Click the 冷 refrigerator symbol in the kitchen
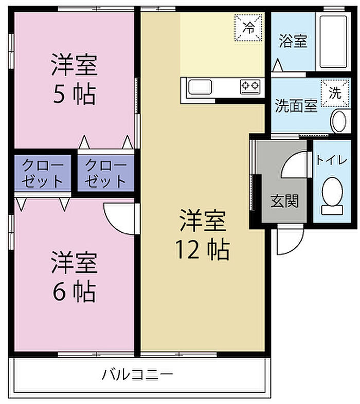click(248, 28)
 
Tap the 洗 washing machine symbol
click(335, 93)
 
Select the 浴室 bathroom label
click(293, 41)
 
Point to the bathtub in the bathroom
click(333, 42)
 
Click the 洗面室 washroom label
click(296, 106)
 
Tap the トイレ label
click(332, 160)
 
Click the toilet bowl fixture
click(332, 196)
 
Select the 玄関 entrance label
click(284, 200)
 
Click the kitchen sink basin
click(200, 87)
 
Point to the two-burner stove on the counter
click(250, 86)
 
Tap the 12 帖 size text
click(203, 249)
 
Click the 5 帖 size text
click(74, 94)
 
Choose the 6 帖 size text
click(74, 292)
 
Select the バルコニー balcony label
click(137, 375)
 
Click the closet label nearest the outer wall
click(43, 173)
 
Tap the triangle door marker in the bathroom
click(278, 65)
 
